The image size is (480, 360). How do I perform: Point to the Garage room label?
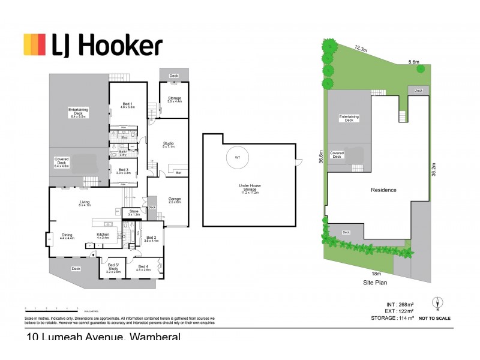(175, 200)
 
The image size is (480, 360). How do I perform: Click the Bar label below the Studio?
(178, 173)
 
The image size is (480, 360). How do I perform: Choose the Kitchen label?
(103, 236)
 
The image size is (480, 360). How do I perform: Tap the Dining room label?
(67, 236)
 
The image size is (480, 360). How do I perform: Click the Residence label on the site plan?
(383, 190)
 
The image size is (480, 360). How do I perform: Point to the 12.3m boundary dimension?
(361, 48)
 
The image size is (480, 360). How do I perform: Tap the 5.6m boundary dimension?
(413, 62)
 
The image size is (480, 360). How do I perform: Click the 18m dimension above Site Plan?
(376, 274)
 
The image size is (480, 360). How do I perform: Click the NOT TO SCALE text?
(435, 318)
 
